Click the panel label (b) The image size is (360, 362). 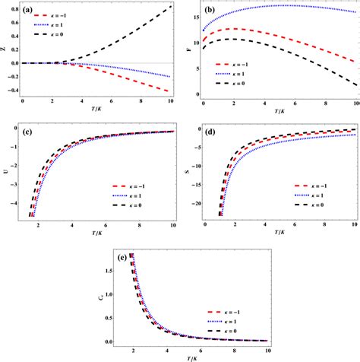pyautogui.click(x=209, y=11)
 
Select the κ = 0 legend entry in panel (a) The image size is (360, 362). pyautogui.click(x=62, y=35)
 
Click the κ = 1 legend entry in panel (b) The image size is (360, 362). pyautogui.click(x=235, y=75)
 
